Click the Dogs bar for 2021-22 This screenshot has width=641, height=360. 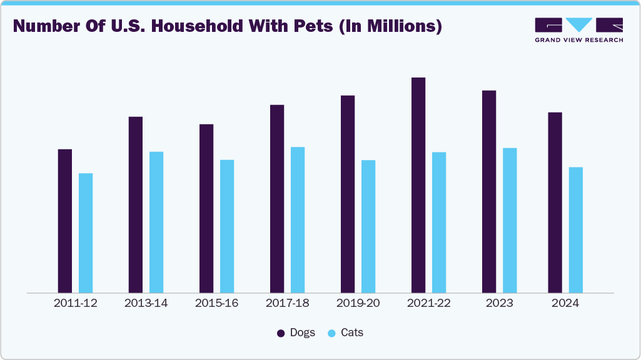click(418, 185)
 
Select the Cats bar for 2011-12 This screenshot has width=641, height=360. click(86, 232)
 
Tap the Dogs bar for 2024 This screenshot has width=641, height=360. click(555, 202)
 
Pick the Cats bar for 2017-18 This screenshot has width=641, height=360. click(298, 219)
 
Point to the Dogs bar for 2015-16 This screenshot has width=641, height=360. click(206, 208)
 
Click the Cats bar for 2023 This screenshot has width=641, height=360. click(510, 220)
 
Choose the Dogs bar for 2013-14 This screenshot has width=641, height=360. click(136, 204)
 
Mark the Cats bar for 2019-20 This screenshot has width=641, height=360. click(368, 226)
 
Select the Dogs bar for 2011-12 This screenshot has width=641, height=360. click(65, 221)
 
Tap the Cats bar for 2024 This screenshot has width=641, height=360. click(575, 229)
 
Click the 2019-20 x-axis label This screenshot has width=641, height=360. click(358, 303)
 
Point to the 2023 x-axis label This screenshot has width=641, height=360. click(499, 303)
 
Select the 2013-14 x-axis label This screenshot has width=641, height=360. click(146, 303)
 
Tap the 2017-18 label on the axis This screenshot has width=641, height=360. click(287, 303)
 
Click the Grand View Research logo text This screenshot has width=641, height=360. click(578, 40)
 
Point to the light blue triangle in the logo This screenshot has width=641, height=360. click(579, 24)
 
